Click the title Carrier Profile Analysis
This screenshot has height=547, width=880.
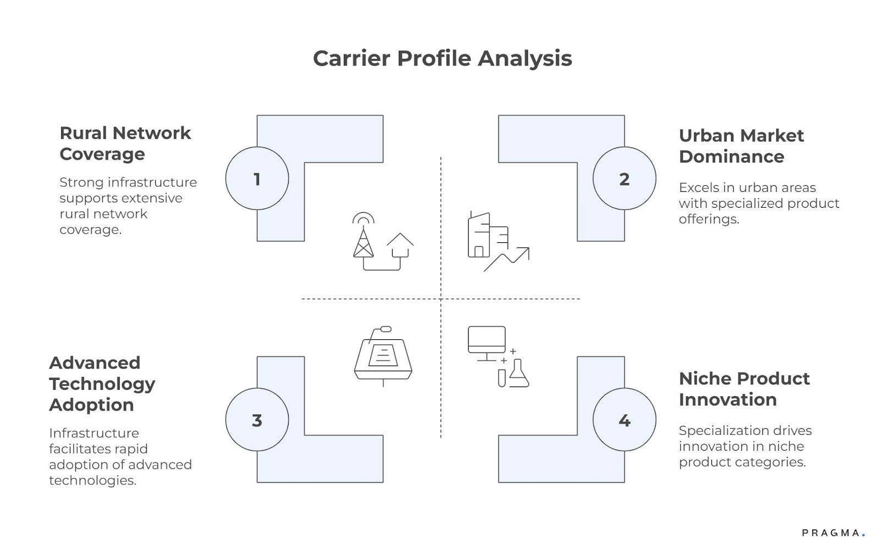pyautogui.click(x=442, y=58)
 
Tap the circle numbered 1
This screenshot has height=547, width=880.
pyautogui.click(x=257, y=179)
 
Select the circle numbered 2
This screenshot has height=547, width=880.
pyautogui.click(x=624, y=179)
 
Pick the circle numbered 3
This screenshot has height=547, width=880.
pyautogui.click(x=257, y=420)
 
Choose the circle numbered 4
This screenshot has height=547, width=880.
pyautogui.click(x=624, y=420)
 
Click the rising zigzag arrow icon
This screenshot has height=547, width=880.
pyautogui.click(x=508, y=259)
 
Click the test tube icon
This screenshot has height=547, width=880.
pyautogui.click(x=502, y=378)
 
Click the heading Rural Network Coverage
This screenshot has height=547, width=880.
pyautogui.click(x=125, y=143)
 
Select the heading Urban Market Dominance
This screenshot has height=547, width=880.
pyautogui.click(x=741, y=146)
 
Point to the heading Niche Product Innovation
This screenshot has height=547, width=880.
pyautogui.click(x=744, y=389)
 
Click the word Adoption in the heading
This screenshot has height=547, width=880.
pyautogui.click(x=91, y=405)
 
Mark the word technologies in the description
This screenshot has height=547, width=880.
pyautogui.click(x=92, y=480)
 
